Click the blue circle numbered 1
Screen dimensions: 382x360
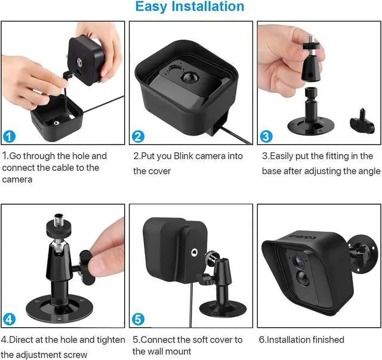tap(9, 137)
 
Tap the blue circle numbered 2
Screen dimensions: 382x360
tap(138, 137)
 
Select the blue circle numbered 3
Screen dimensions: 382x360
tap(266, 137)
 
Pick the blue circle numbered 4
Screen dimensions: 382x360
tap(9, 319)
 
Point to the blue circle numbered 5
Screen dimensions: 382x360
tap(138, 319)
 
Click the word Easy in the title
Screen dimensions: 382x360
tap(151, 7)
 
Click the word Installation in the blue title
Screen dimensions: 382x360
tap(208, 6)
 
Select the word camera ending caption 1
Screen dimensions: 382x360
tap(17, 180)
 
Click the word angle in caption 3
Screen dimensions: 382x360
tap(368, 171)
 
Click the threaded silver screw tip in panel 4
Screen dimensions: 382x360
tap(58, 220)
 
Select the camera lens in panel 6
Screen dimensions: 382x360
tap(299, 261)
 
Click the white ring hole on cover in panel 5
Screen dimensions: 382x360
tap(193, 253)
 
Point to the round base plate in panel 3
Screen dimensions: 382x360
tap(311, 126)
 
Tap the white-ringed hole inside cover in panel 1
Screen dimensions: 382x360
tap(57, 123)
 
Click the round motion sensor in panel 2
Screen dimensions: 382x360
tap(190, 78)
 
